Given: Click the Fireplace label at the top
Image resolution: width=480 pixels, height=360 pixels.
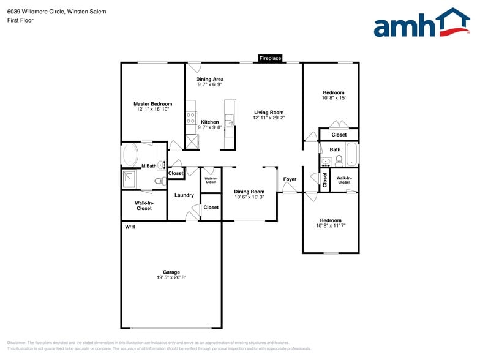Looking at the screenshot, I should [x=270, y=58].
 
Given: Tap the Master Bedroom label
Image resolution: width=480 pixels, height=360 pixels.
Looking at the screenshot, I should [x=152, y=104].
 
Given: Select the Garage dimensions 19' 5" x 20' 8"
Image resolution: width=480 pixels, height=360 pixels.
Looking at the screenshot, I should [x=171, y=277].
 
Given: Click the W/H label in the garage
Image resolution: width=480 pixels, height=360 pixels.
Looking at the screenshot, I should [x=130, y=227].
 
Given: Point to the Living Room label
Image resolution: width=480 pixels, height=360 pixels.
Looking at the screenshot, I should [x=269, y=113].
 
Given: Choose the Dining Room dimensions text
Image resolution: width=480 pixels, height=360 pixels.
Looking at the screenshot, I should [x=249, y=197].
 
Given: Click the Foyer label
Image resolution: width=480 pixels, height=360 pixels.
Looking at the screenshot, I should [x=290, y=179].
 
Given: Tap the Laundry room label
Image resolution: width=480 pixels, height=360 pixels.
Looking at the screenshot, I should [x=184, y=195].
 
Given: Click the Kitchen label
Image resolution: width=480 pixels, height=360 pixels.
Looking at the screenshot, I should [x=209, y=122].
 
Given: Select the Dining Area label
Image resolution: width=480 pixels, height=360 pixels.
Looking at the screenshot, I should [x=209, y=80].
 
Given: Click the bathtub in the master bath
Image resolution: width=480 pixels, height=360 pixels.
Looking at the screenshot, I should [x=130, y=154].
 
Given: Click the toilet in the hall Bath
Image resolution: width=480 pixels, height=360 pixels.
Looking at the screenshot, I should [x=339, y=160].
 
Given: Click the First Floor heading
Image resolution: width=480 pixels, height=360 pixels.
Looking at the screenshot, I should [x=20, y=20].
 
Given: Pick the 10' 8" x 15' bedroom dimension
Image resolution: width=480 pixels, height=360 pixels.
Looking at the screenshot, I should [x=334, y=98].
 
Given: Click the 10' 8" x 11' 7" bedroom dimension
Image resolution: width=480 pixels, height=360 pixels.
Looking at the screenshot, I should [x=331, y=226].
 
